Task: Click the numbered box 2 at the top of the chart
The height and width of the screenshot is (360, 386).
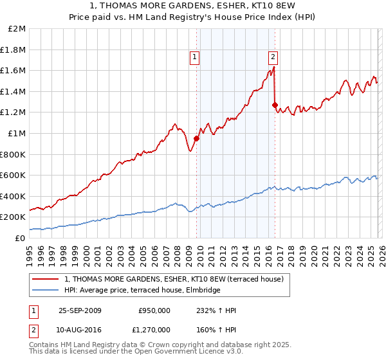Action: click(x=273, y=56)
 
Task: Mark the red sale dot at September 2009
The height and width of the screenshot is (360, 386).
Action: click(x=196, y=138)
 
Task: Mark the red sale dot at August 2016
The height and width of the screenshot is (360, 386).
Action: click(x=275, y=105)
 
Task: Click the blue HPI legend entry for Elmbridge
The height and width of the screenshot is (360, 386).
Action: click(x=142, y=290)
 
